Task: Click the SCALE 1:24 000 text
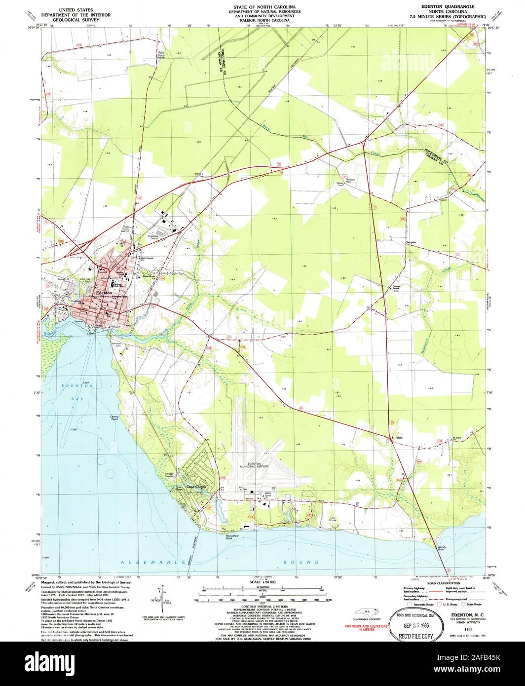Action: (262, 583)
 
